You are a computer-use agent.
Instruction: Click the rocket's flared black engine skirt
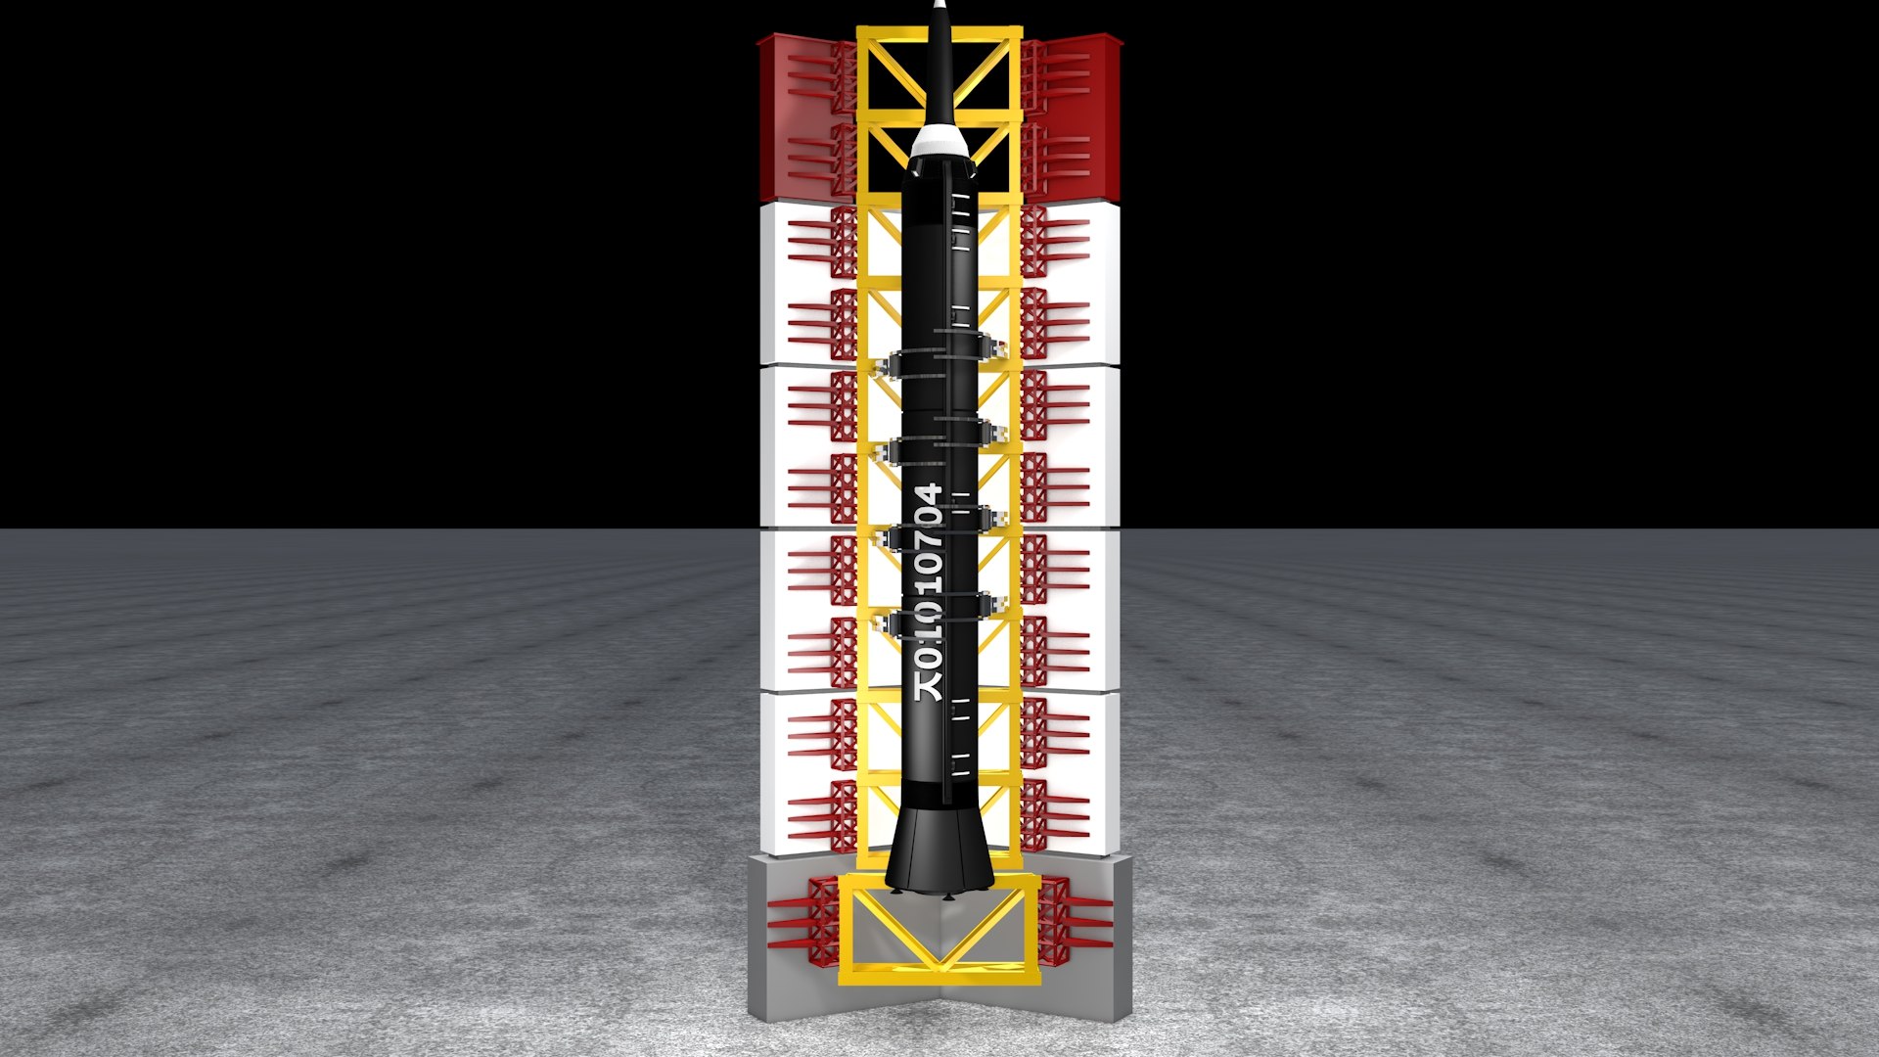(x=939, y=851)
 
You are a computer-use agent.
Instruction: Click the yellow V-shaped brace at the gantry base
(x=939, y=930)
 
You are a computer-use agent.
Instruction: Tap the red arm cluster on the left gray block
(x=802, y=916)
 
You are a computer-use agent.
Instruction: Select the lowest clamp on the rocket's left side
(x=890, y=622)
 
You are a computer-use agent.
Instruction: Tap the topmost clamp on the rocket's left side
(x=890, y=367)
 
